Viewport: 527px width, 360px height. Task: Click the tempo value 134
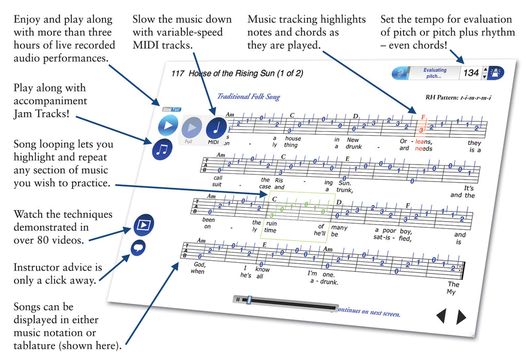(x=471, y=73)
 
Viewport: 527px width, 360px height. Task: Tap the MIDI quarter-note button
(x=216, y=128)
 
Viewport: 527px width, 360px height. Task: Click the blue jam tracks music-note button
(x=162, y=149)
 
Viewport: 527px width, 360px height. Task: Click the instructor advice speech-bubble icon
(x=137, y=248)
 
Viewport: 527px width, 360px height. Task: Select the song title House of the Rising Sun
(x=231, y=74)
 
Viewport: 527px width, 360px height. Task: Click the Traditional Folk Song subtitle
(x=248, y=97)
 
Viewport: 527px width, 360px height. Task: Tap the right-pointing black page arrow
(x=461, y=317)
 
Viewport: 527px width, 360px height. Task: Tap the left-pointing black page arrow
(x=441, y=316)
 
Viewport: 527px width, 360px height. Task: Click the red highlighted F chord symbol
(x=423, y=117)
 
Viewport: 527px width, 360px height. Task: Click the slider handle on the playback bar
(x=249, y=300)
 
